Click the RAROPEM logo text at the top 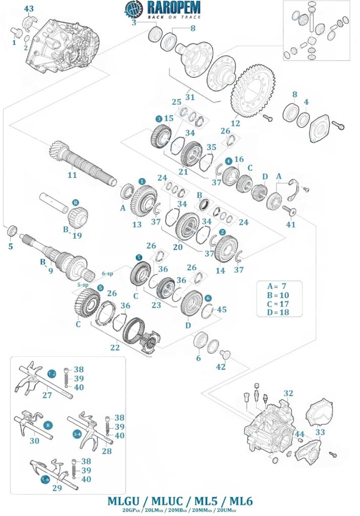click(173, 8)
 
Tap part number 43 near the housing click(29, 9)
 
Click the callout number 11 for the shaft click(73, 175)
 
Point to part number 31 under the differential click(190, 97)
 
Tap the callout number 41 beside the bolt click(291, 224)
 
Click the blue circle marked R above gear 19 click(76, 203)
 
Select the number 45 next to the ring click(221, 310)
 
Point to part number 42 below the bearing click(221, 367)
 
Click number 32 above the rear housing click(288, 393)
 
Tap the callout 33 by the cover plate click(320, 432)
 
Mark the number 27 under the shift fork click(47, 396)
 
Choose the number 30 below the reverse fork click(34, 440)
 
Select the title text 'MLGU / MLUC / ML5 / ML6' click(180, 501)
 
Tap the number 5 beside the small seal click(10, 247)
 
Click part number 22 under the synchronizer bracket click(115, 348)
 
